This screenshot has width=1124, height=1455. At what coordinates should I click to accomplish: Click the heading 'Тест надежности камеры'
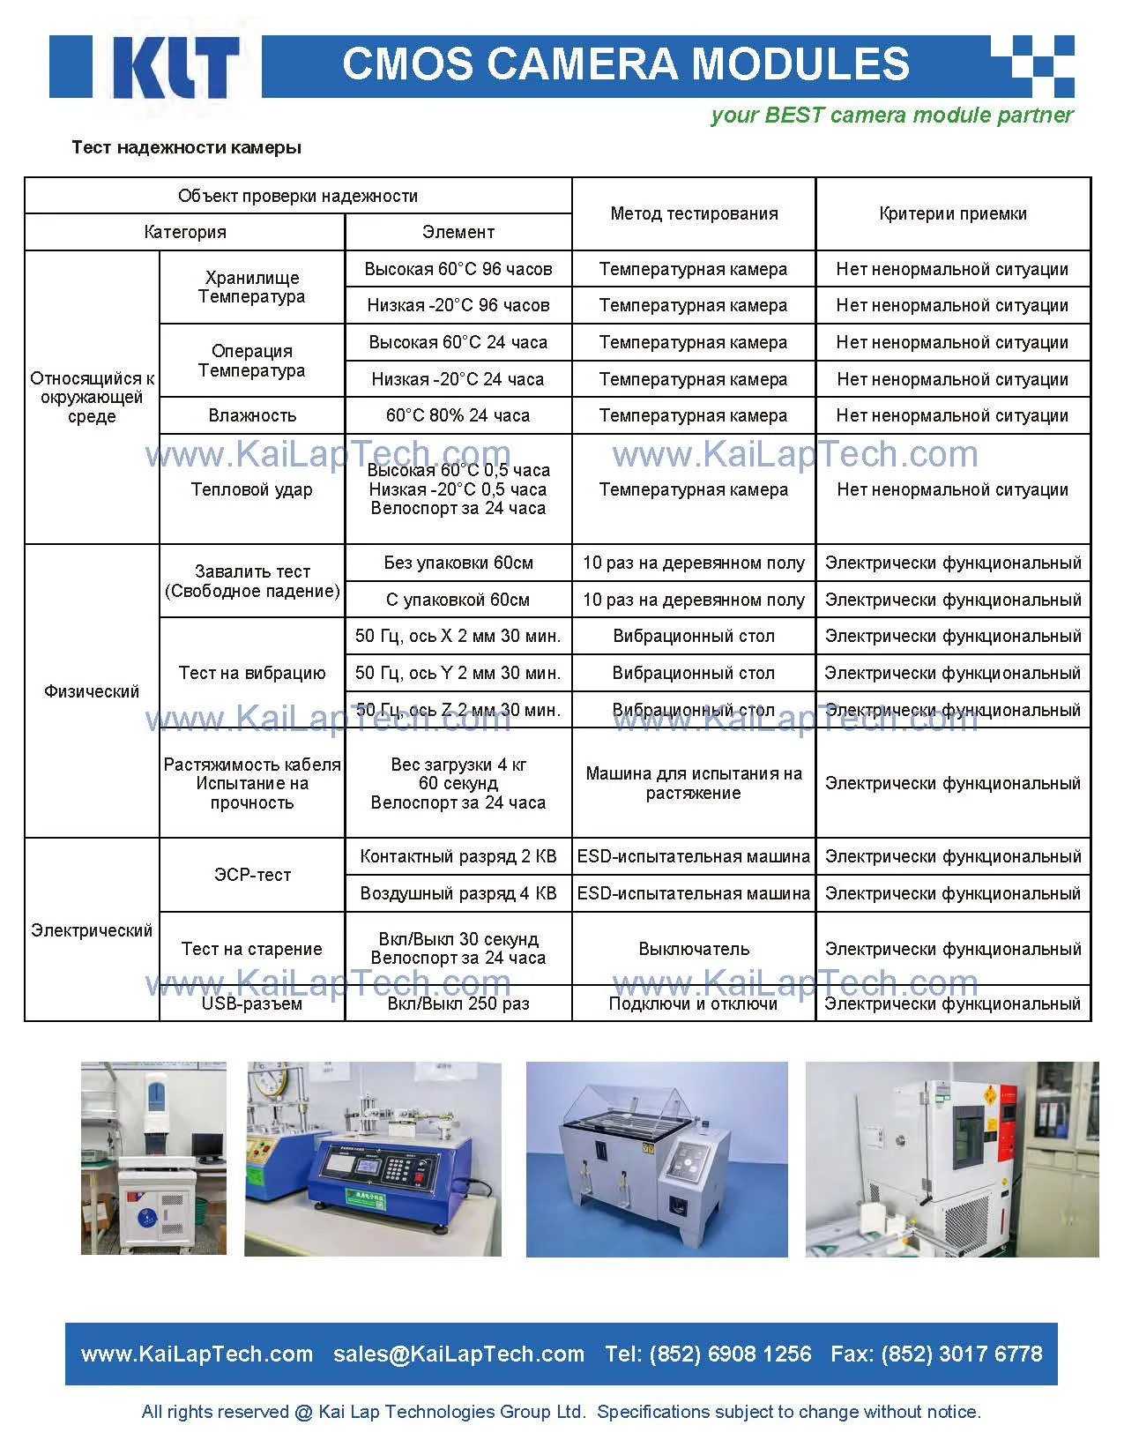pos(186,147)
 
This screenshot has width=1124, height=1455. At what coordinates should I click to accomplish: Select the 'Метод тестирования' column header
pos(694,213)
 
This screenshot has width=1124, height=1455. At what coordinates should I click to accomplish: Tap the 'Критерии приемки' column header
pos(952,213)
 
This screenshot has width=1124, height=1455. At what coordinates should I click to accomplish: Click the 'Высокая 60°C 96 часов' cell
pos(458,269)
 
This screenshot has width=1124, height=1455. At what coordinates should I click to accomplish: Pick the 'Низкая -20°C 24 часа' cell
pos(458,379)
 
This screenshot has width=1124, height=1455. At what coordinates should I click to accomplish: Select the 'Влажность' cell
pos(252,415)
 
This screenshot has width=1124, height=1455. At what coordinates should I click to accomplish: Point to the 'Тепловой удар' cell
pos(252,489)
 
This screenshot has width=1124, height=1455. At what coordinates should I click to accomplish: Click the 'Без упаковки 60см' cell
pos(458,563)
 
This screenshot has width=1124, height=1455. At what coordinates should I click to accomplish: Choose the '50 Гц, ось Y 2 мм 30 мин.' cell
pos(458,673)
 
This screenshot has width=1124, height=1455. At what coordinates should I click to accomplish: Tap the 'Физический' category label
pos(92,691)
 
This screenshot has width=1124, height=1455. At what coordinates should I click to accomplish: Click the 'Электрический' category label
pos(92,930)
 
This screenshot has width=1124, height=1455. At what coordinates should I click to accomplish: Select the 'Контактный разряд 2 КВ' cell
pos(458,856)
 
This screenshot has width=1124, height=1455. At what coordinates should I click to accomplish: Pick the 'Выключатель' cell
pos(694,949)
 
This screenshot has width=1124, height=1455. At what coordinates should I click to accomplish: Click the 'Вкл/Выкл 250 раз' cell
pos(458,1004)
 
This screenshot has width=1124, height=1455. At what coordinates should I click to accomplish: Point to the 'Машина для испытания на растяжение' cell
pos(694,783)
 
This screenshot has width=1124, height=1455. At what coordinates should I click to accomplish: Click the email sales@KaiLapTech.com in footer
pos(458,1354)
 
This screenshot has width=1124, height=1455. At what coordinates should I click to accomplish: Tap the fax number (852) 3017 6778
pos(961,1354)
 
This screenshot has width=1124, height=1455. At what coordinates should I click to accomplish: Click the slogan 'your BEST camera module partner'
pos(891,116)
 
